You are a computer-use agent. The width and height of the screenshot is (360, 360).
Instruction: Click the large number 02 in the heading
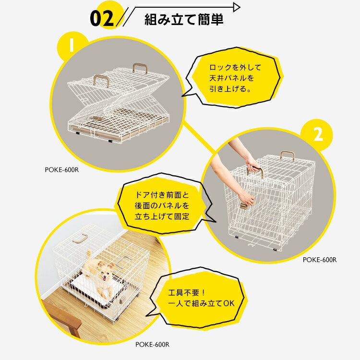pos(102,18)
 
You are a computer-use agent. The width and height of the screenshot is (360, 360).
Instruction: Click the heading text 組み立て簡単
pos(184,20)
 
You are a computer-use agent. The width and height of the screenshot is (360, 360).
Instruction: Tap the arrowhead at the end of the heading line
pos(237,7)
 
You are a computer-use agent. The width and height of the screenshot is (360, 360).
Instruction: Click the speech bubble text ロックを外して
pos(235,68)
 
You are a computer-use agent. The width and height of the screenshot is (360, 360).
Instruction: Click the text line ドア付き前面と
pos(162,195)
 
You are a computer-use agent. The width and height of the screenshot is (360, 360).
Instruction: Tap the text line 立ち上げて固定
pos(162,216)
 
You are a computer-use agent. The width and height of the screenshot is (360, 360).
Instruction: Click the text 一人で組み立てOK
pos(201,303)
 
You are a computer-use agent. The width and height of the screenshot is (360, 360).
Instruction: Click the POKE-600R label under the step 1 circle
pos(62,169)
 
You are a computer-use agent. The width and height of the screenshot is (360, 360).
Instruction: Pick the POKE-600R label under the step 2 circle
pos(320,260)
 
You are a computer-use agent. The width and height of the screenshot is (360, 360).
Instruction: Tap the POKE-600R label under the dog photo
pos(152,344)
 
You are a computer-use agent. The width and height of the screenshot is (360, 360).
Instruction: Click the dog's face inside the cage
pos(104,271)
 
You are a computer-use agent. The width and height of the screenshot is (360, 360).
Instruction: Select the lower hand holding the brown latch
pos(246,199)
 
